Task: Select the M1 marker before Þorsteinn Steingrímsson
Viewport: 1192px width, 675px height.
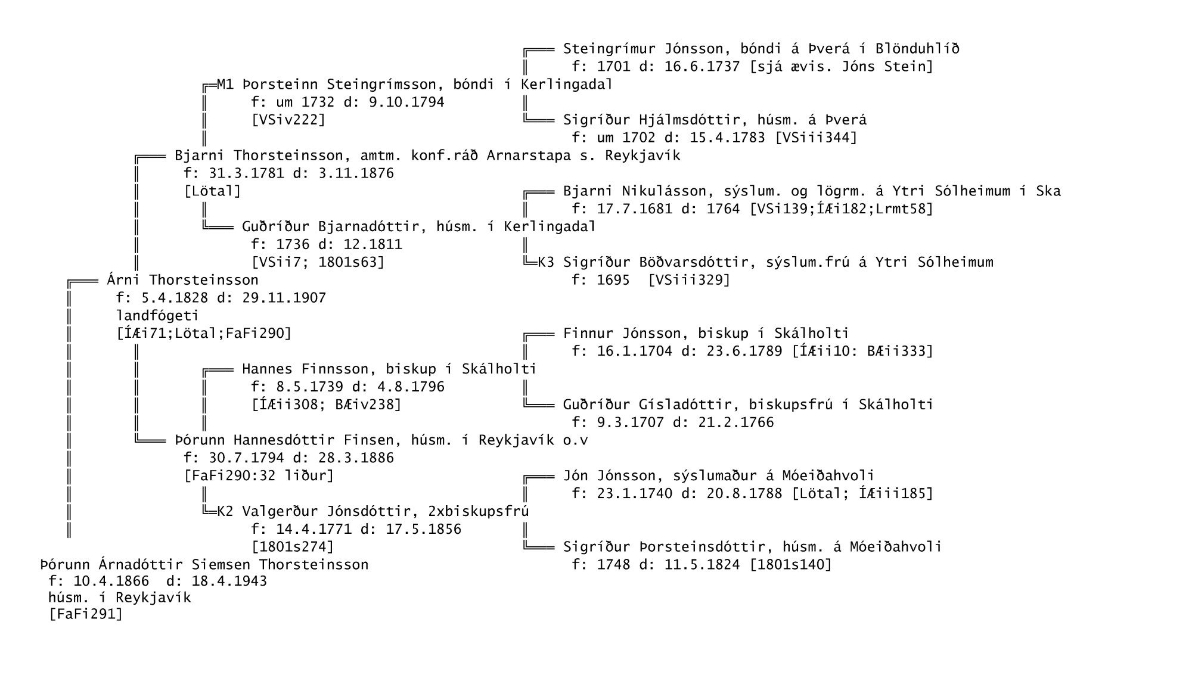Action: (x=225, y=85)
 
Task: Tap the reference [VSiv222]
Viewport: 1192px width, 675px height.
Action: (x=288, y=120)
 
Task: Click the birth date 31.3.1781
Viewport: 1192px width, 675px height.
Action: (x=242, y=173)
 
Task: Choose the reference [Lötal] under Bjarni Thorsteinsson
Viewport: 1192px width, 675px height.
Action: (x=213, y=191)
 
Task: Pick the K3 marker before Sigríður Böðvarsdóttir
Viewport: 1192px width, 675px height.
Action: (x=547, y=262)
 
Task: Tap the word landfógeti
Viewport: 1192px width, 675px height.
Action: (x=157, y=316)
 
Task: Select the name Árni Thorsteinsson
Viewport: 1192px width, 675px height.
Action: (x=182, y=280)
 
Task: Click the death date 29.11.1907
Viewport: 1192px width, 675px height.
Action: (x=284, y=298)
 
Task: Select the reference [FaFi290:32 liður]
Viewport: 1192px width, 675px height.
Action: (x=259, y=476)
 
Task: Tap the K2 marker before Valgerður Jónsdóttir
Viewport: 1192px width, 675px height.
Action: (x=225, y=512)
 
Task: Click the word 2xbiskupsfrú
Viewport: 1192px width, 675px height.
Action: (x=479, y=512)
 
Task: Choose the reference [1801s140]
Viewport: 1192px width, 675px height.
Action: (x=790, y=564)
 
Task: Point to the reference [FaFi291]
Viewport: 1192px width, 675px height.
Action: (x=86, y=614)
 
